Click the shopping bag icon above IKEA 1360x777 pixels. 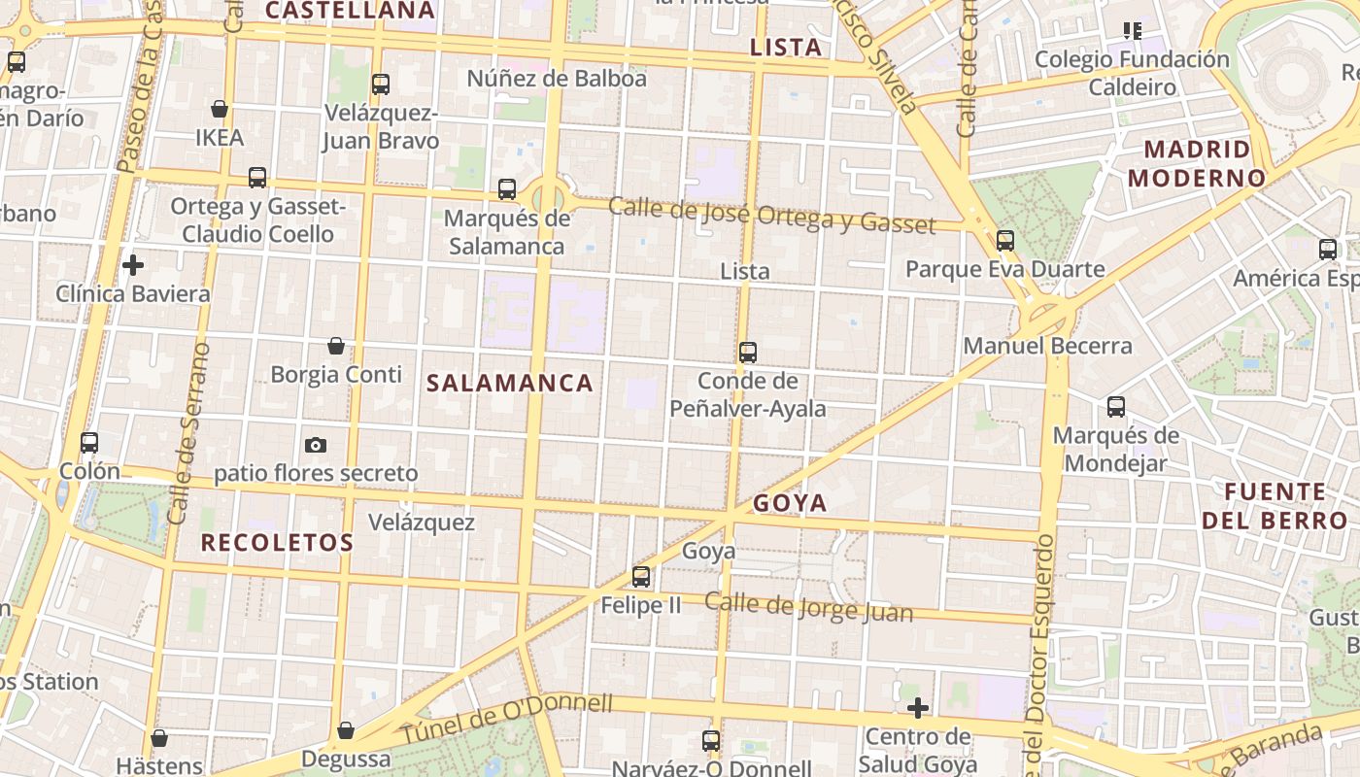[221, 109]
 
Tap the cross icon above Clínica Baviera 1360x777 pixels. [133, 264]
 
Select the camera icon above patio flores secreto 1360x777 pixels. [316, 445]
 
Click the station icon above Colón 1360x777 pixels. [89, 443]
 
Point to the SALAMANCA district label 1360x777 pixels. [510, 384]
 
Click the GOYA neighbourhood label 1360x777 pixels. [790, 503]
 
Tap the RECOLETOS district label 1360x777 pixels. [277, 543]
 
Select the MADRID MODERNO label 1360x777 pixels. [1197, 164]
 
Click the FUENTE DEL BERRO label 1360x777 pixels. [1275, 506]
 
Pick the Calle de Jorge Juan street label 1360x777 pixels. [808, 607]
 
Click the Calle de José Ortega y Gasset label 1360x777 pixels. [771, 215]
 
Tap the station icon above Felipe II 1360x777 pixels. [641, 577]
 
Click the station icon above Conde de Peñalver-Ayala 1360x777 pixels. [748, 353]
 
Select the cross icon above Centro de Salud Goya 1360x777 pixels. [917, 708]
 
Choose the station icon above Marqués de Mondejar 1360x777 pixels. [1116, 407]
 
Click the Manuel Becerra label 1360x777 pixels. [1047, 346]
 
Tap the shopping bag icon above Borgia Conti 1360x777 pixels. [336, 346]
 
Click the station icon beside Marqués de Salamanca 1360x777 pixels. [507, 189]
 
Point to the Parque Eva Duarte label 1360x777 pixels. [1004, 269]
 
